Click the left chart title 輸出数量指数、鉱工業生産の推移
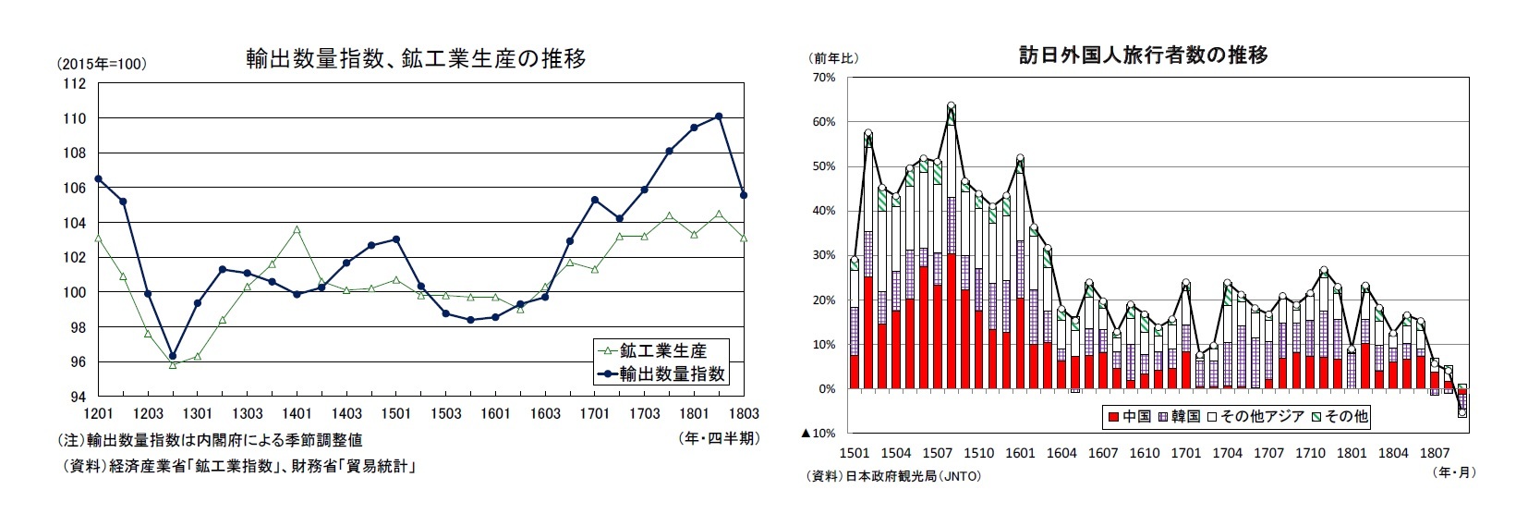415,58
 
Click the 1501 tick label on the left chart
396,413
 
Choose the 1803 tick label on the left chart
744,413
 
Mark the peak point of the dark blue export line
719,116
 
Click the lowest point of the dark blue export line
173,356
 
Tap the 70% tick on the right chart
823,78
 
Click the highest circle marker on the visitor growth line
951,106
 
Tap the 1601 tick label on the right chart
1020,454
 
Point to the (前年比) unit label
835,57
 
